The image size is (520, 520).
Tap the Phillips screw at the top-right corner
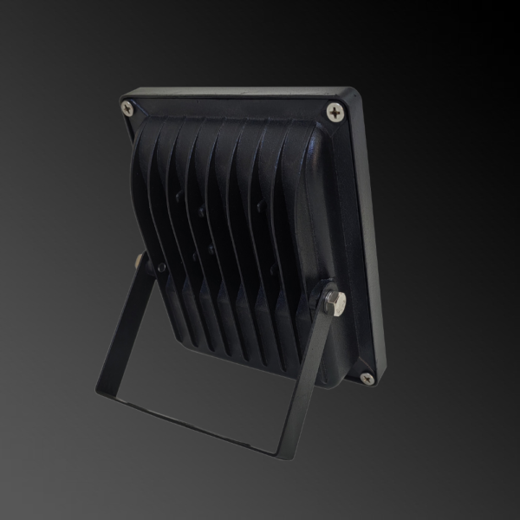coord(335,110)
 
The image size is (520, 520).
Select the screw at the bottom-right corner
coord(367,377)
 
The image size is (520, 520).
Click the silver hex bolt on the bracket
coord(334,302)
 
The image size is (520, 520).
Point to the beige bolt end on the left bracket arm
coord(140,259)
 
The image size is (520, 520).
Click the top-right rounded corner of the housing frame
coord(354,94)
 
